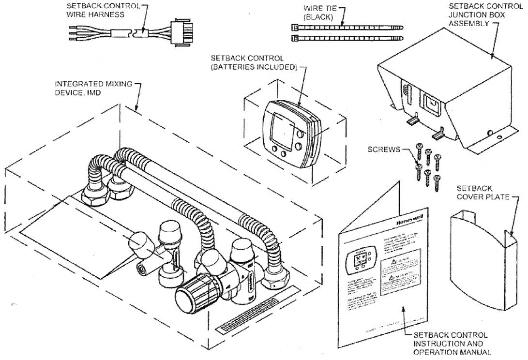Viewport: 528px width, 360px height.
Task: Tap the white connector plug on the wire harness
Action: click(x=180, y=35)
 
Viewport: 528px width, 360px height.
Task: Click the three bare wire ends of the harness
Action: click(x=73, y=33)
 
